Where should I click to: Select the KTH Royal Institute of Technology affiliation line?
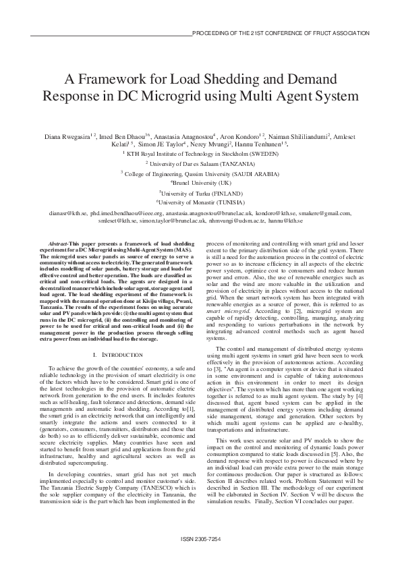[x=200, y=153]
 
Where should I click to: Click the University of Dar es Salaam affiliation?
[x=200, y=163]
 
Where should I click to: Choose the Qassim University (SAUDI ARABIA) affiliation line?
[x=200, y=173]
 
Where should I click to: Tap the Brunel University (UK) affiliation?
[x=200, y=182]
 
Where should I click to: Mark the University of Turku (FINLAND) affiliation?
[x=200, y=192]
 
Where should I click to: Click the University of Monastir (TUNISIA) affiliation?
[x=200, y=202]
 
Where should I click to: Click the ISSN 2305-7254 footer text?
[x=200, y=539]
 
